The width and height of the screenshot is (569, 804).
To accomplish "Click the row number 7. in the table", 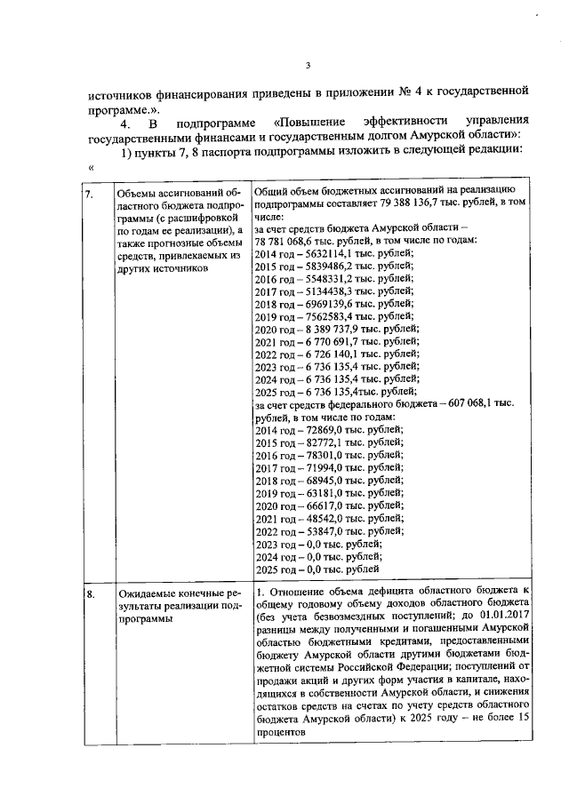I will (90, 193).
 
